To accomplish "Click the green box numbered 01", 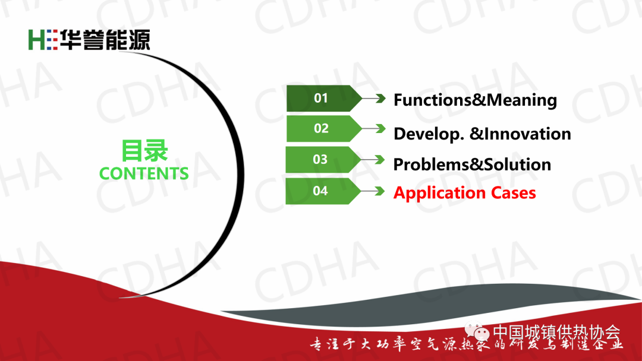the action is click(323, 98).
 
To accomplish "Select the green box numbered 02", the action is click(323, 128).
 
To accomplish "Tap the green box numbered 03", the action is click(323, 160).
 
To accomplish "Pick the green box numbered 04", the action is click(323, 191).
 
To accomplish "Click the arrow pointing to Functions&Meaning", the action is click(374, 99).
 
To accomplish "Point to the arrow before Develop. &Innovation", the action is click(374, 129).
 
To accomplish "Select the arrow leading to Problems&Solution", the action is click(373, 160).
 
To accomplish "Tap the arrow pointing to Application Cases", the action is click(373, 191).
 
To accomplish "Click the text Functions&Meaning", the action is click(475, 100).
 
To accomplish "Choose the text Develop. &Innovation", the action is click(482, 134).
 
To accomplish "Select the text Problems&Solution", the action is click(472, 164).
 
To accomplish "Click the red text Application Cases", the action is click(465, 193).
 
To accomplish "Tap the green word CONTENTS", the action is click(144, 173).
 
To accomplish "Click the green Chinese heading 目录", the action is click(144, 150).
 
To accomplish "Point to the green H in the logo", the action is click(36, 40).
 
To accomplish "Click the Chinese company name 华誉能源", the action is click(105, 40).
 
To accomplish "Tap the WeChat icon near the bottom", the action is click(477, 331).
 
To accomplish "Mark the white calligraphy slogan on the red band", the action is click(467, 344).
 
